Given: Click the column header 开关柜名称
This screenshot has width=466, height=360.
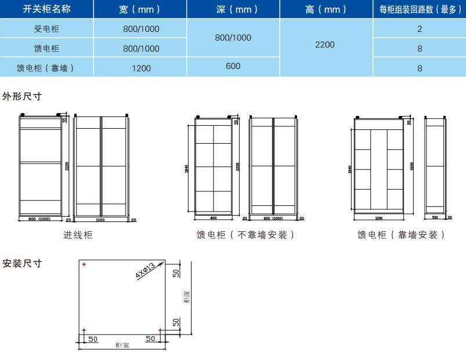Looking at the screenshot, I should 46,9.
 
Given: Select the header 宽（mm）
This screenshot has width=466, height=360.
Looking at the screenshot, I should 140,9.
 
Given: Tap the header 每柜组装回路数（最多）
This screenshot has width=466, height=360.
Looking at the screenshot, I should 420,9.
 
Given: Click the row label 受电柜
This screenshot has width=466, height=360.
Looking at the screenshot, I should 46,29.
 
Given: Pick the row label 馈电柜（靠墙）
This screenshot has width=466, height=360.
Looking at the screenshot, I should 46,68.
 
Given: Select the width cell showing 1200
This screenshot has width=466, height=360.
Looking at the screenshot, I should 140,68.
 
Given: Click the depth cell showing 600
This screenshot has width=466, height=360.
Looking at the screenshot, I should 233,66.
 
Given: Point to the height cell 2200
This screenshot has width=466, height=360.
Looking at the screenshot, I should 325,45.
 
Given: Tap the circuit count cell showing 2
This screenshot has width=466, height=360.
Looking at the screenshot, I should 420,29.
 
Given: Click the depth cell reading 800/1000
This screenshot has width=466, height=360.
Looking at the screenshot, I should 233,38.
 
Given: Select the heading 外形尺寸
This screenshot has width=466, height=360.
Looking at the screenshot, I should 22,96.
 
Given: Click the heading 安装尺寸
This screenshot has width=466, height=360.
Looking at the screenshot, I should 22,263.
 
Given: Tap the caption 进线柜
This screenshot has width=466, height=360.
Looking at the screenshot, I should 78,235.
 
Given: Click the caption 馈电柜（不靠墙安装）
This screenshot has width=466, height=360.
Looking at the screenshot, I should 245,235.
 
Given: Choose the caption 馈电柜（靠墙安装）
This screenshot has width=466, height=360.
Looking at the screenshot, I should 401,235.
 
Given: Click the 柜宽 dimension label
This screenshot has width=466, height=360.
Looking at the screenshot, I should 122,345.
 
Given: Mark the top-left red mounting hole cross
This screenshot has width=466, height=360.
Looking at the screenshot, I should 85,265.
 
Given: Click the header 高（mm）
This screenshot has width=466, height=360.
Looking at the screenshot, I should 325,9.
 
